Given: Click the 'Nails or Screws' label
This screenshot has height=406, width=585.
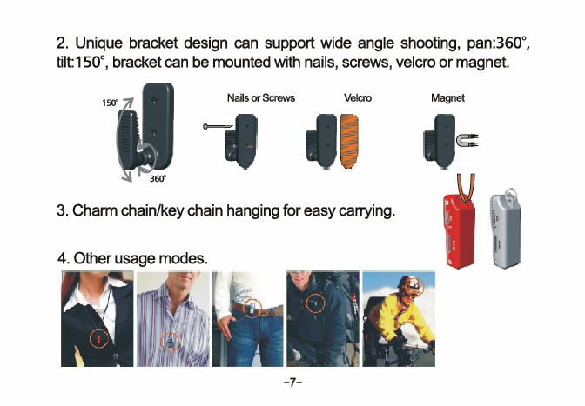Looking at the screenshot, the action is pos(261,98).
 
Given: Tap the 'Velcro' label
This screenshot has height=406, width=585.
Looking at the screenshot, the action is pos(358,98).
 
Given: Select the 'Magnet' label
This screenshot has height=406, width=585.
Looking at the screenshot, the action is pos(447,98).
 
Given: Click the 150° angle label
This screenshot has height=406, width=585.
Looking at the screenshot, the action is pos(110,103).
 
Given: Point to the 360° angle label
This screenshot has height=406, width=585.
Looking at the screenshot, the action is pos(158,179).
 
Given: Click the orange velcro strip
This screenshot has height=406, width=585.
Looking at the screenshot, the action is pos(349,141).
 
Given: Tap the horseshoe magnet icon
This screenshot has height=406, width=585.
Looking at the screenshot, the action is pos(467,141).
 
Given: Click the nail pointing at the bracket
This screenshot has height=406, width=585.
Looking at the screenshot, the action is pos(219,127).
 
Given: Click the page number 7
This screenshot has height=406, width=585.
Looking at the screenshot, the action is pos(292,383).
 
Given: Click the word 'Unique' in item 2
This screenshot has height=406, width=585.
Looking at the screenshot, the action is pos(99,43).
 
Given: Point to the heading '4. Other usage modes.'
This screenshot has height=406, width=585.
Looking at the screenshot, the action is pos(132,258).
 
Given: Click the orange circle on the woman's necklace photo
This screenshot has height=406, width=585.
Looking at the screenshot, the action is pos(99,338).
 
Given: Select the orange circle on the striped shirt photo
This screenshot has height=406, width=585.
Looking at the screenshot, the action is pos(170,342).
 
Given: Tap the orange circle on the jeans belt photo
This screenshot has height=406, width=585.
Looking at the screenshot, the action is pos(252,309).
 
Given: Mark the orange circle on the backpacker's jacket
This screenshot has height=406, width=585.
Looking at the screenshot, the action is pos(315,303).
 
